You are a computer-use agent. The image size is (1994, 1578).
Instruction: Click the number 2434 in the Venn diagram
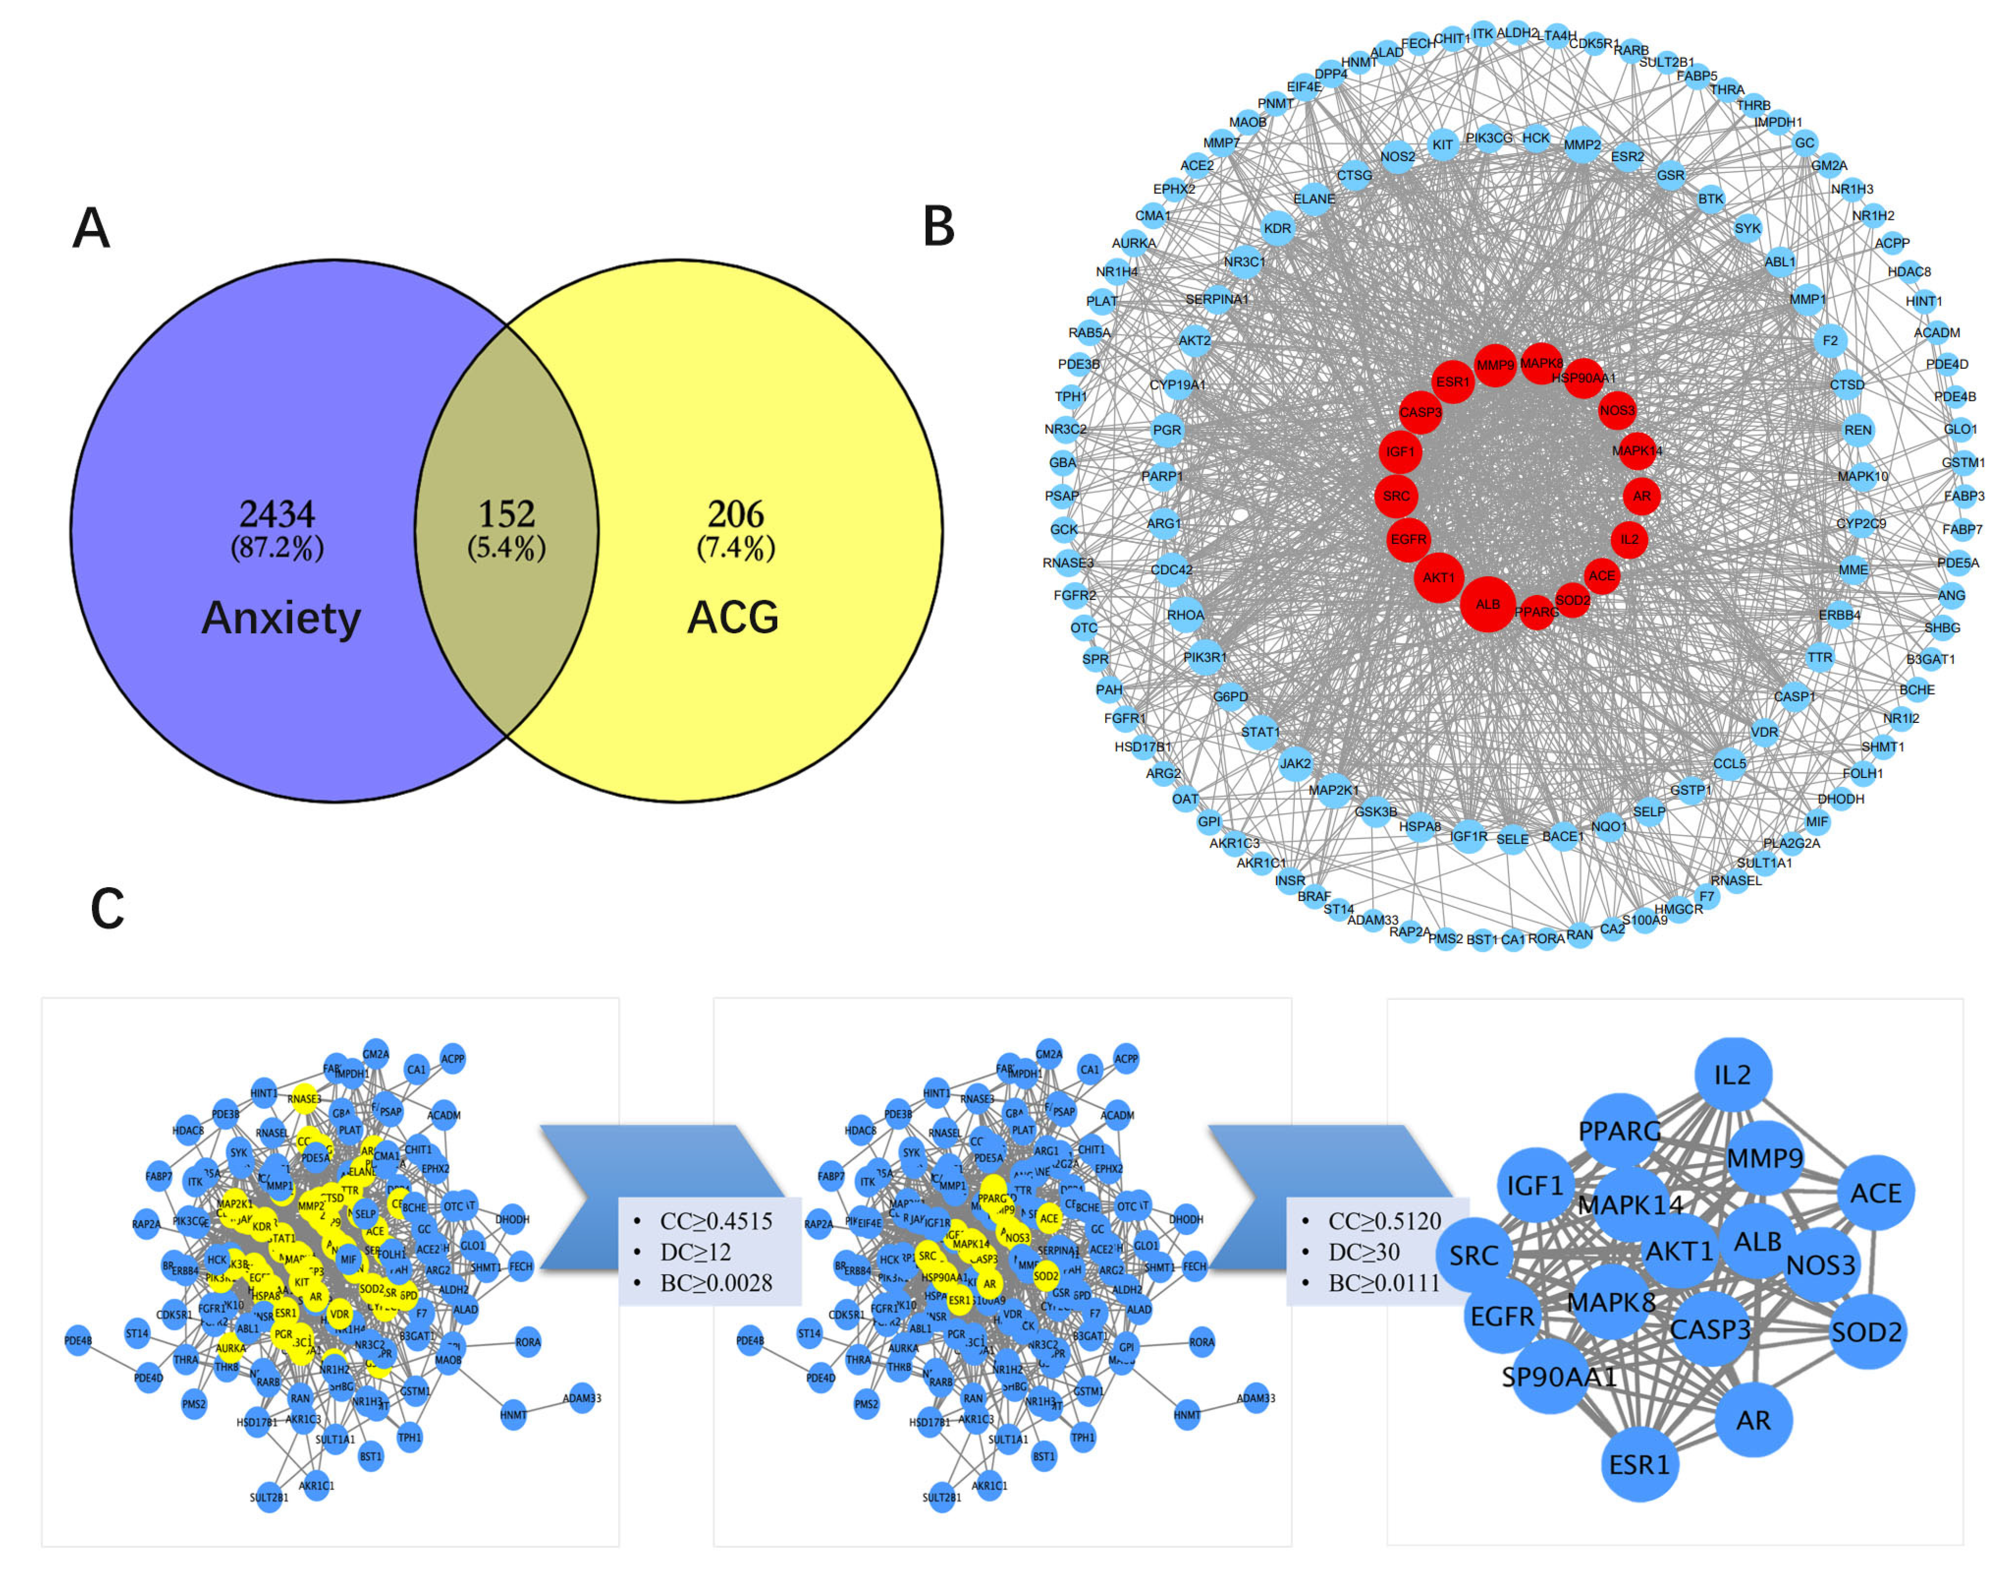tap(276, 514)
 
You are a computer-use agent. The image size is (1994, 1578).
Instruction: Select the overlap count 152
tap(506, 514)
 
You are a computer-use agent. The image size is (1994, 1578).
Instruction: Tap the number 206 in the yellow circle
tap(735, 514)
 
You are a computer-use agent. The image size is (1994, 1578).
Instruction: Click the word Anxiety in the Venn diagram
tap(281, 617)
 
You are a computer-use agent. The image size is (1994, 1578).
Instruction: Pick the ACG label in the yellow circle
tap(732, 617)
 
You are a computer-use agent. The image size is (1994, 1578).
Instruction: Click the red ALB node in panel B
tap(1487, 603)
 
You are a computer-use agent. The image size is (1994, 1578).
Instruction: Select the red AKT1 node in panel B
tap(1438, 577)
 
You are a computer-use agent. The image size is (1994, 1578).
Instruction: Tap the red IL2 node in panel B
tap(1629, 538)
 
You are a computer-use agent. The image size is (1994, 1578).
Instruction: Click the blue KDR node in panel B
tap(1277, 228)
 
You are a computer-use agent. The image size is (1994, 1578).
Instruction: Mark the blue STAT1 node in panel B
tap(1261, 732)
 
